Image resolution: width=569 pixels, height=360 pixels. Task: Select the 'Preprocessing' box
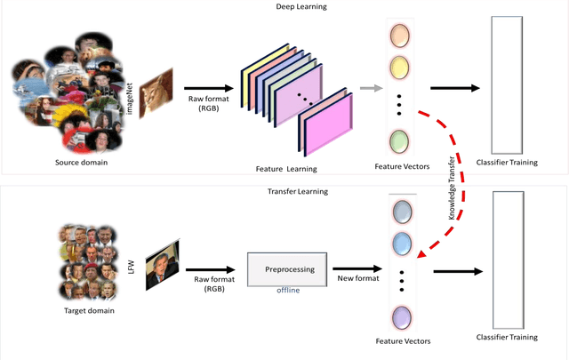[x=287, y=268]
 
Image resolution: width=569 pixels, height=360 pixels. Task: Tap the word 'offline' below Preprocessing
[x=286, y=291]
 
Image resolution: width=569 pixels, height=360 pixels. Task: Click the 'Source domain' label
[x=75, y=164]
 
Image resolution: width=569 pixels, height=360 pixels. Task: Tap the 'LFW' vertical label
[x=132, y=258]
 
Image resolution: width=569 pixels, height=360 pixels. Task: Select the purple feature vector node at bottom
[x=402, y=316]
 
